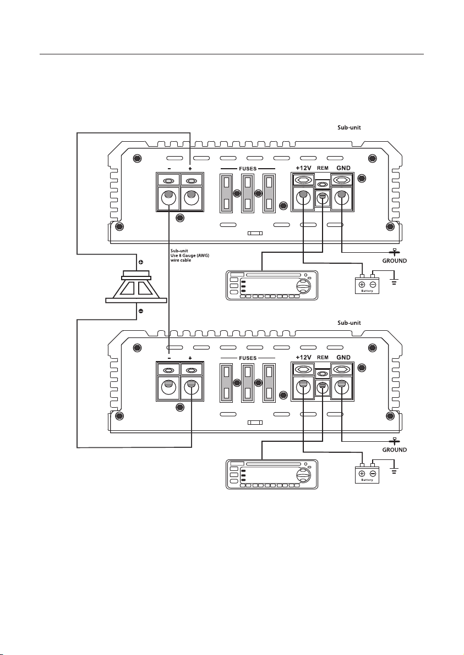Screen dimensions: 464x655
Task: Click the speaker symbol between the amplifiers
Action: click(136, 287)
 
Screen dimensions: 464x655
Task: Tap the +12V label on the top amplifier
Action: click(303, 168)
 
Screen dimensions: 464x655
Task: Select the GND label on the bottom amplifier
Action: click(343, 357)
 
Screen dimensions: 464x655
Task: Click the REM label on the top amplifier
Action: click(323, 168)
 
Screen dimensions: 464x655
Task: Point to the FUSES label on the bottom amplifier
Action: click(248, 358)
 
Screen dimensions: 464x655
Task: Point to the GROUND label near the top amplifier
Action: click(394, 260)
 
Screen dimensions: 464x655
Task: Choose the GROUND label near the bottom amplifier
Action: click(394, 450)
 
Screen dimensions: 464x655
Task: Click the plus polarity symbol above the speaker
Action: click(140, 262)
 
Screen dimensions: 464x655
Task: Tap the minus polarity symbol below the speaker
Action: click(140, 311)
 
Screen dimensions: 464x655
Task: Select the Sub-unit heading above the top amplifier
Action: click(349, 127)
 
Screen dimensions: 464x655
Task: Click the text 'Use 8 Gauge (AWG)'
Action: click(189, 256)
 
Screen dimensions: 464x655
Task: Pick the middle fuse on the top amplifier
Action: click(247, 193)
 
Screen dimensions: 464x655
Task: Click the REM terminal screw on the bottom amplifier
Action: click(321, 387)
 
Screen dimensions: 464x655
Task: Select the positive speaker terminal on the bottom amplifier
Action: click(192, 387)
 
